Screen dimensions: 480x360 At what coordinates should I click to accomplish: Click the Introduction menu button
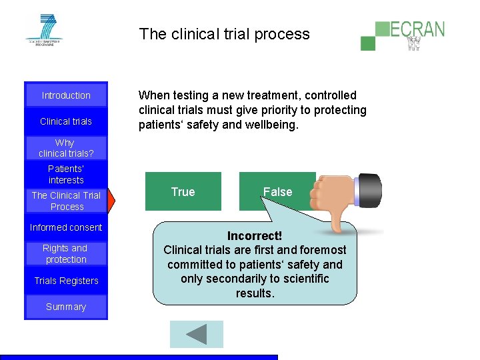66,95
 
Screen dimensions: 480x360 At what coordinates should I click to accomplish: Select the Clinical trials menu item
66,121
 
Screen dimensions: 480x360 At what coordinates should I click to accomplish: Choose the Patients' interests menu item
66,175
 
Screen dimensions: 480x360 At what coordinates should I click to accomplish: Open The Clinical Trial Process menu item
66,201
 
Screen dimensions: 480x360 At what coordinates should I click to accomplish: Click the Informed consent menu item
66,227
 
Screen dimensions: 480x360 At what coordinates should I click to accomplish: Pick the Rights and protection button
66,253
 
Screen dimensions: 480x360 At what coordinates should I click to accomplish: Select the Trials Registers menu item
66,281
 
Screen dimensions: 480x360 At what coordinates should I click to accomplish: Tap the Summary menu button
66,307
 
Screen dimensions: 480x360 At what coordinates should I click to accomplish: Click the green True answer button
183,192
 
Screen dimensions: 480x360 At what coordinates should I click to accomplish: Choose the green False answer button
277,192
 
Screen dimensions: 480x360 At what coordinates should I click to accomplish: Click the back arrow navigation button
196,334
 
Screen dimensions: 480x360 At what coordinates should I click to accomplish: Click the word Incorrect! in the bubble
255,236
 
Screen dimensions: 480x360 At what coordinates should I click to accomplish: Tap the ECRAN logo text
417,30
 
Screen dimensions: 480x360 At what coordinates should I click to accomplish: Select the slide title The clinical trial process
225,34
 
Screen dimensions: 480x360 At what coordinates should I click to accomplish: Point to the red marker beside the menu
111,200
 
